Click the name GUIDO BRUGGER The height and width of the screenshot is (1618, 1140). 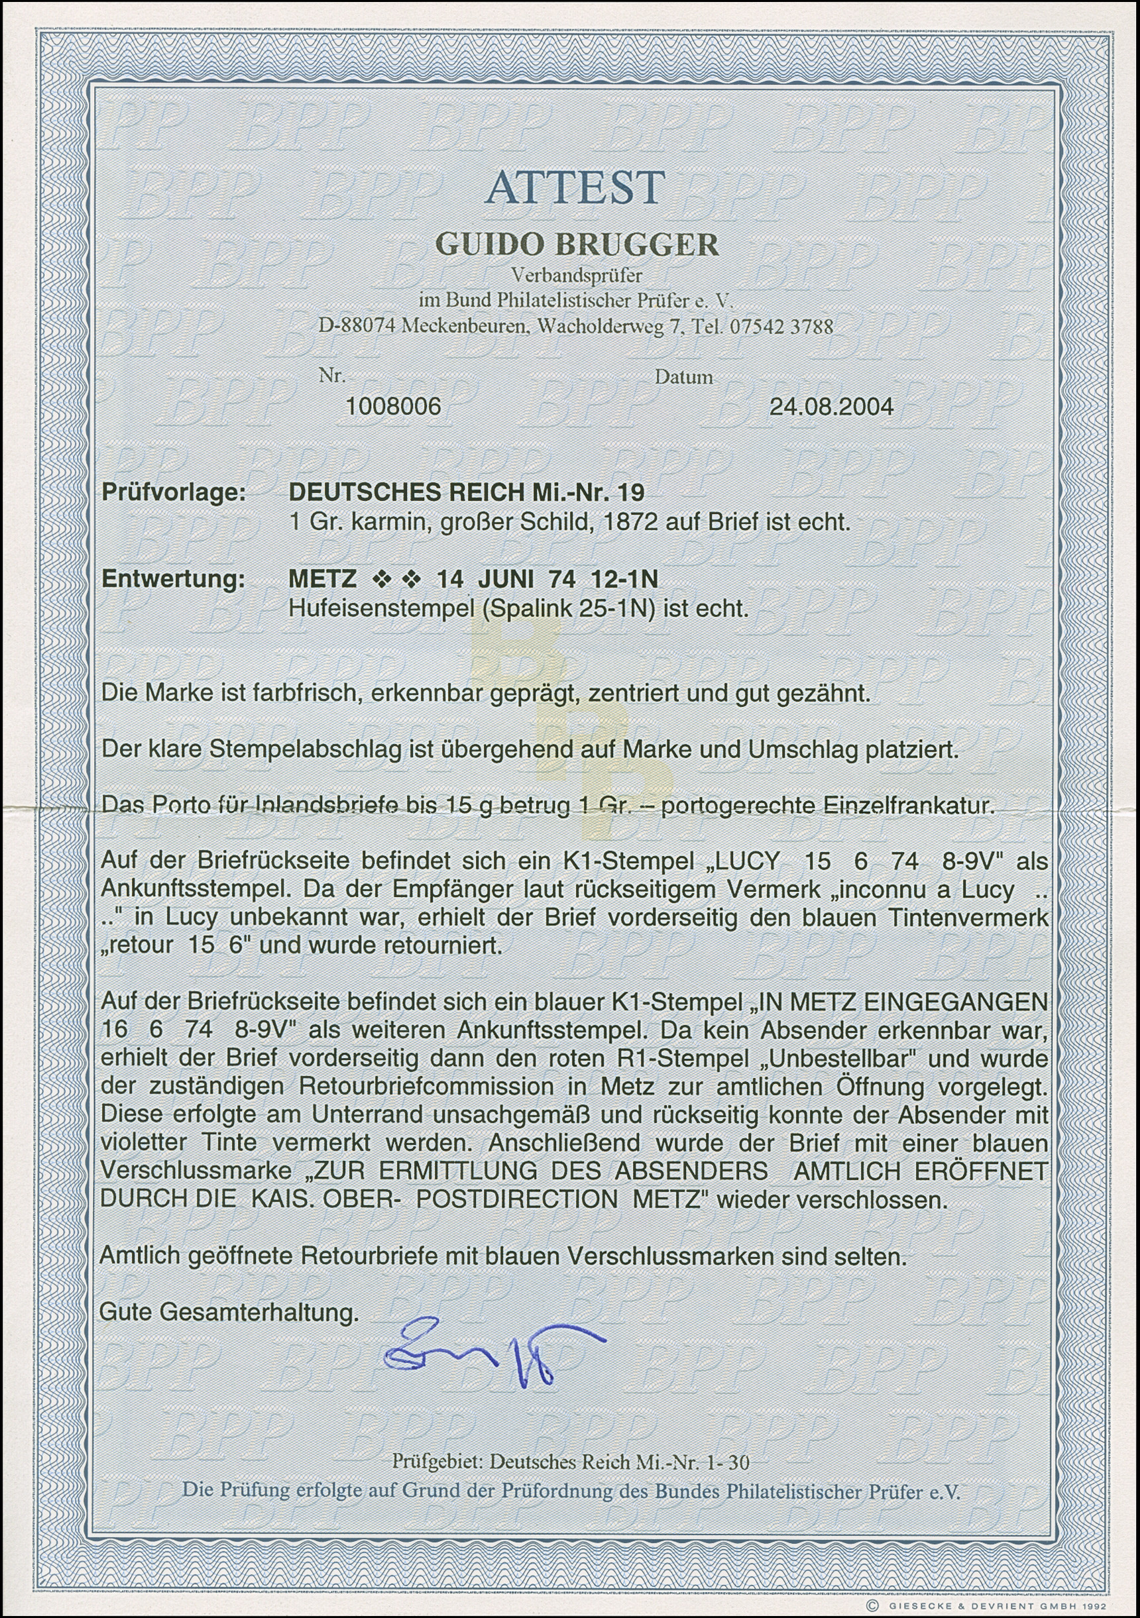[577, 244]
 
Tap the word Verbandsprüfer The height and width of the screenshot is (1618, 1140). [576, 276]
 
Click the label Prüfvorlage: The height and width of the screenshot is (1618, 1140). [174, 492]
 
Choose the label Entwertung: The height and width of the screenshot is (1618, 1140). [174, 579]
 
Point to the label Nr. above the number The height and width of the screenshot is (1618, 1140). [331, 376]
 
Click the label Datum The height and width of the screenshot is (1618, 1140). [683, 378]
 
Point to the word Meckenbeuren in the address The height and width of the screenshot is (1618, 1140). [463, 327]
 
